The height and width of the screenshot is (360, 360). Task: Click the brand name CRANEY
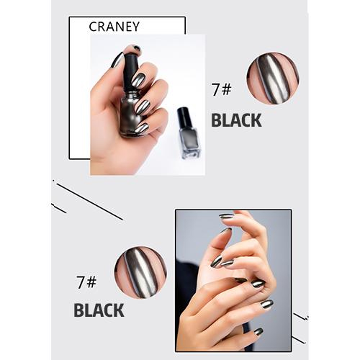tap(114, 27)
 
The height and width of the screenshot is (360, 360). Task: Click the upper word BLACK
tap(235, 120)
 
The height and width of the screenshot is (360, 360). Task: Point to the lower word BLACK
tap(99, 310)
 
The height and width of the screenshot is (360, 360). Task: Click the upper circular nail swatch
tap(272, 78)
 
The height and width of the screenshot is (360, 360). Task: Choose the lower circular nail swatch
tap(140, 271)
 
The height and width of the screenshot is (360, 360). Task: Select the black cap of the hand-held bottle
tap(131, 70)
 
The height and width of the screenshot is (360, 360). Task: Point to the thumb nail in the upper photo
tap(117, 60)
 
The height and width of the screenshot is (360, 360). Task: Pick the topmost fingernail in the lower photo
tap(227, 216)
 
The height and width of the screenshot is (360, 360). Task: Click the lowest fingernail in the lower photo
tap(258, 332)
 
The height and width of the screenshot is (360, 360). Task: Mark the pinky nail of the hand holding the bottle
tap(142, 128)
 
